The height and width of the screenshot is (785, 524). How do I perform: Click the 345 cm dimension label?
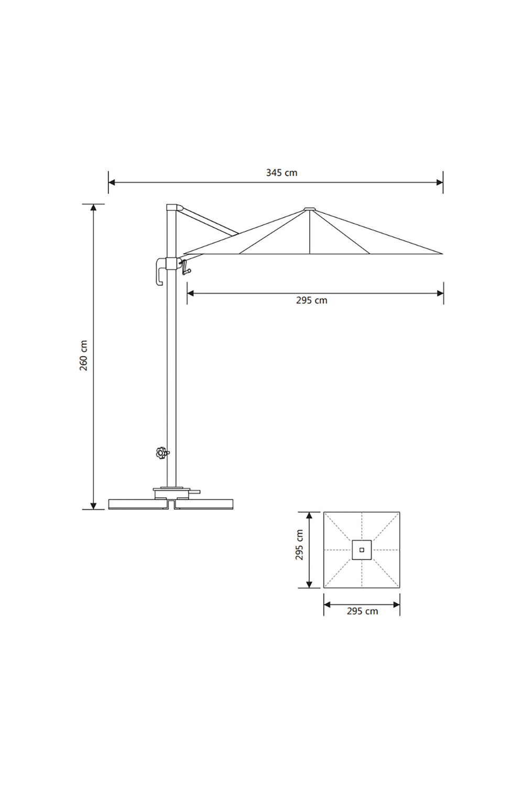pos(281,173)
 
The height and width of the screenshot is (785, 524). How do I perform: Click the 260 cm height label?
pos(84,355)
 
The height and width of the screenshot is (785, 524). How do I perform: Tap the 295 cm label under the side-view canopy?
pos(311,300)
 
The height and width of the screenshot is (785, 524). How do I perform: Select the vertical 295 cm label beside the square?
pos(299,549)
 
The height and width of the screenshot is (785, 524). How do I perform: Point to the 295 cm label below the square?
pos(362,611)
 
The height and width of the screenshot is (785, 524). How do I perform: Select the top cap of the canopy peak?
pos(310,209)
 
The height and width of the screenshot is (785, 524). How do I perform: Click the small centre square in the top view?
pos(362,550)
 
